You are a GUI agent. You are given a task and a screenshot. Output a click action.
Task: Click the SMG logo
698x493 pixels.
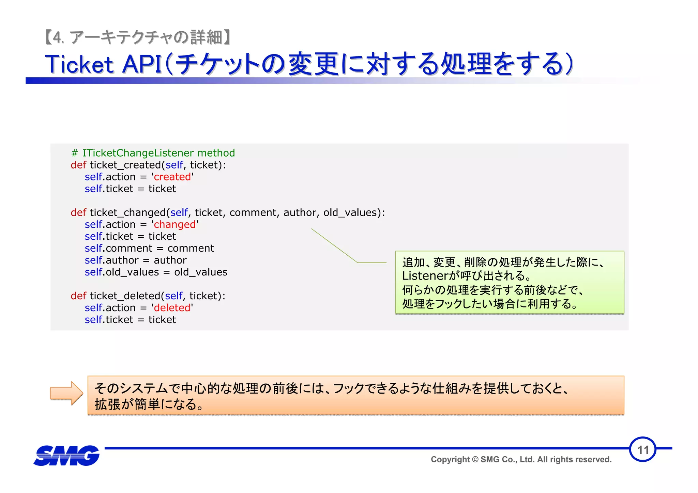[67, 455]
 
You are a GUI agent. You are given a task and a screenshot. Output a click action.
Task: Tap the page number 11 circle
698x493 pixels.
[642, 449]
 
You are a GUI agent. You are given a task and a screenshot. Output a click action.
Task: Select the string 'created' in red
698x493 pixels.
[172, 177]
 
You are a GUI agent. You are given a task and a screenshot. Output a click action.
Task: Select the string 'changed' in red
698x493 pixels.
[174, 224]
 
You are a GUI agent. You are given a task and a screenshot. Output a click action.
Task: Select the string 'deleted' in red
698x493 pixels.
[172, 308]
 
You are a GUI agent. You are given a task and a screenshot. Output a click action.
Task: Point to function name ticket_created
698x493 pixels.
[125, 165]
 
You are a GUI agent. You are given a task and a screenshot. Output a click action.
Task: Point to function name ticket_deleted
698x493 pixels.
[125, 296]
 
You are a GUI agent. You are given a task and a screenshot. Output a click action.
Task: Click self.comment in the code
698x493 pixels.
[118, 248]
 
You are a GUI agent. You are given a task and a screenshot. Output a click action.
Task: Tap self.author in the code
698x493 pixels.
[111, 260]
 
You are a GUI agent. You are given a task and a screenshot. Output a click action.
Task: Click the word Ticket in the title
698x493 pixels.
[79, 64]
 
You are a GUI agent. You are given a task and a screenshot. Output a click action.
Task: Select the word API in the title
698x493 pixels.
[142, 64]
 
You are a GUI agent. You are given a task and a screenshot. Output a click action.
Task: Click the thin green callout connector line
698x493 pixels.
[334, 245]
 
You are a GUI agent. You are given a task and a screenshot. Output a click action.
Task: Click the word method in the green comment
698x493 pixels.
[216, 153]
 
